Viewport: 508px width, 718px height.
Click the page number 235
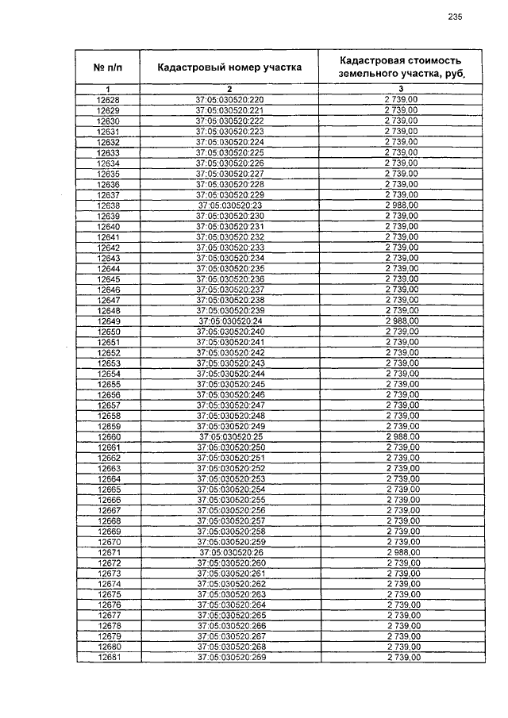tap(455, 17)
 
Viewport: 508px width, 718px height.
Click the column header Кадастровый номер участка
tap(229, 67)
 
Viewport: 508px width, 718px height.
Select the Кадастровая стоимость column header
tap(401, 67)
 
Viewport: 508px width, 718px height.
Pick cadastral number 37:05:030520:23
tap(229, 205)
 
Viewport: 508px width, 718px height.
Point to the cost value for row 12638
tap(401, 205)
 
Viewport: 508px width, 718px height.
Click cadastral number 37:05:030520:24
tap(229, 321)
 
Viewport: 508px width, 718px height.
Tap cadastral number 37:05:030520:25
tap(229, 436)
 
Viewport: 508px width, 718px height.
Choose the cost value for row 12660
tap(401, 436)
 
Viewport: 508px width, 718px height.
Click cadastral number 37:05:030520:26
tap(229, 552)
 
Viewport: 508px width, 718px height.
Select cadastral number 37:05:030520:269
tap(229, 657)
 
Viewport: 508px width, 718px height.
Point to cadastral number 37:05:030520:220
tap(229, 99)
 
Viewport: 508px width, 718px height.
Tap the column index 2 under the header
tap(229, 88)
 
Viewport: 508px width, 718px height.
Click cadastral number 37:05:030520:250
tap(229, 447)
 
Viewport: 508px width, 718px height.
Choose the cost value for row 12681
tap(401, 657)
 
